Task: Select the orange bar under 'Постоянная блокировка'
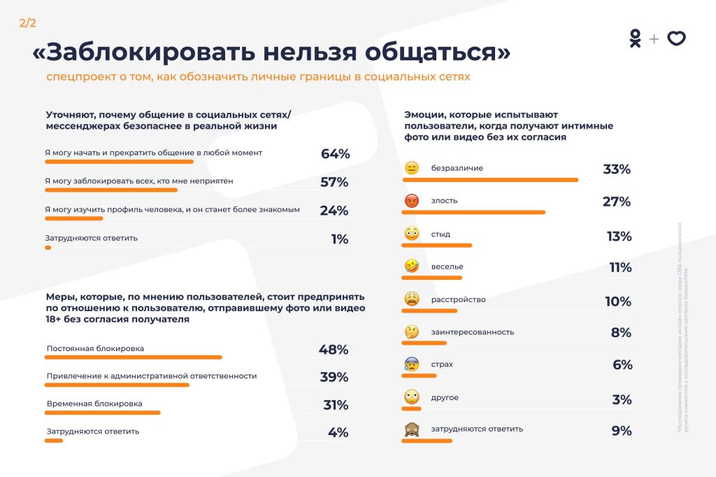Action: coord(134,357)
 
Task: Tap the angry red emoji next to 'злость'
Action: coord(411,201)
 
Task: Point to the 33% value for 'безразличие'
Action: coord(617,169)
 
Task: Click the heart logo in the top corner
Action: coord(676,39)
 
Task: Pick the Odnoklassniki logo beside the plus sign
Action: coord(635,38)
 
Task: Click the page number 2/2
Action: coord(27,23)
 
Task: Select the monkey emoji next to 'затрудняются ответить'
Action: coord(411,430)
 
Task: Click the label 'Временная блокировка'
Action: coord(94,404)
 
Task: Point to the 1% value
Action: coord(340,239)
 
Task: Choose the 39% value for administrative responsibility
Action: coord(334,378)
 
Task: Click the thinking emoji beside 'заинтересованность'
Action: coord(411,332)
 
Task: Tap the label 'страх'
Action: coord(442,364)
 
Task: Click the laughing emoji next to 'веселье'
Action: coord(411,266)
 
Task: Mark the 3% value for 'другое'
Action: coord(621,399)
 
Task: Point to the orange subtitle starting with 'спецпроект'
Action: coord(258,76)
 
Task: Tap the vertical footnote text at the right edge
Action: coord(682,329)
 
